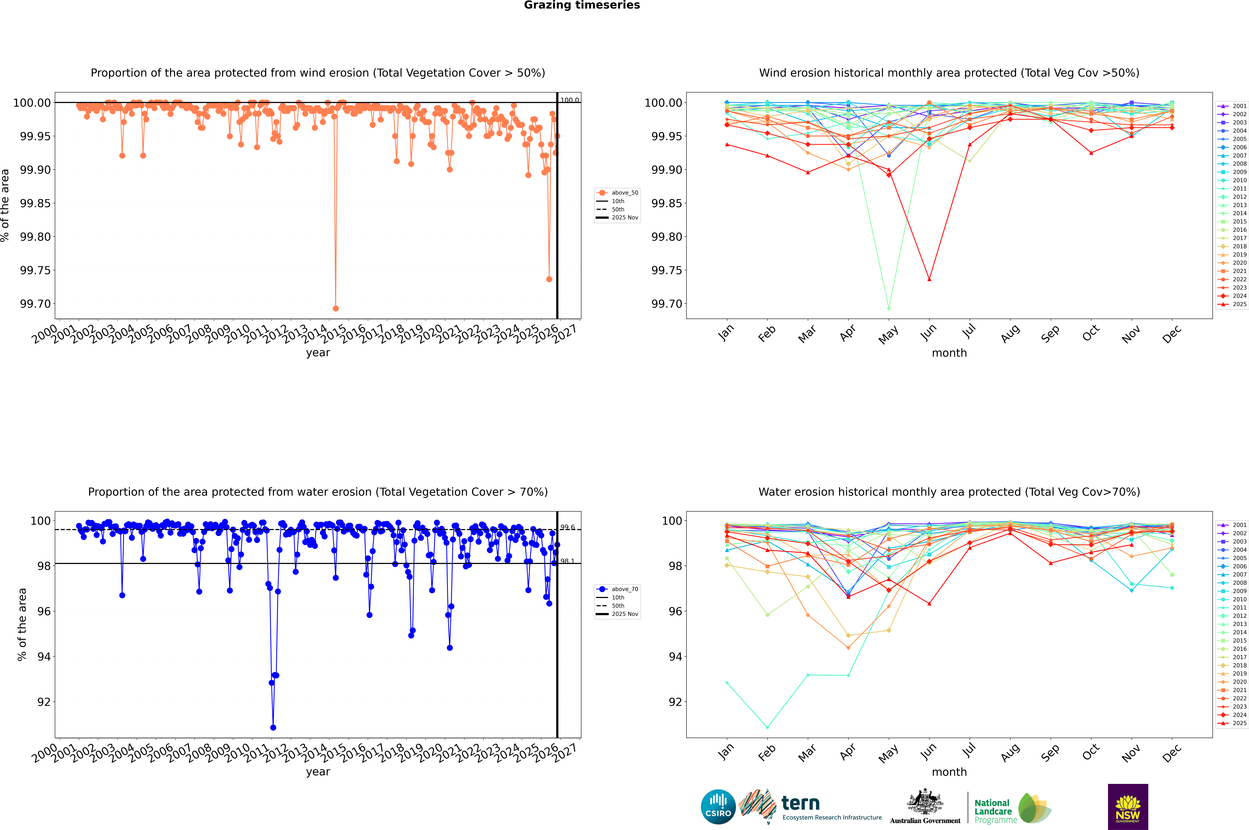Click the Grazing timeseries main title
click(x=582, y=5)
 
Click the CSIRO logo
click(x=718, y=807)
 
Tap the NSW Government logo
click(x=1128, y=807)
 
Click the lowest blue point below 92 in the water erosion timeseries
click(x=273, y=727)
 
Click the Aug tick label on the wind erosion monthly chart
click(x=1010, y=335)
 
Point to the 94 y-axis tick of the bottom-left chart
click(x=43, y=656)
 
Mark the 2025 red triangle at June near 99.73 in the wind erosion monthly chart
click(x=929, y=279)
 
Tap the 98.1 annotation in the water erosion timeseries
click(x=567, y=561)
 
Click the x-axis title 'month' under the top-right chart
click(x=949, y=353)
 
